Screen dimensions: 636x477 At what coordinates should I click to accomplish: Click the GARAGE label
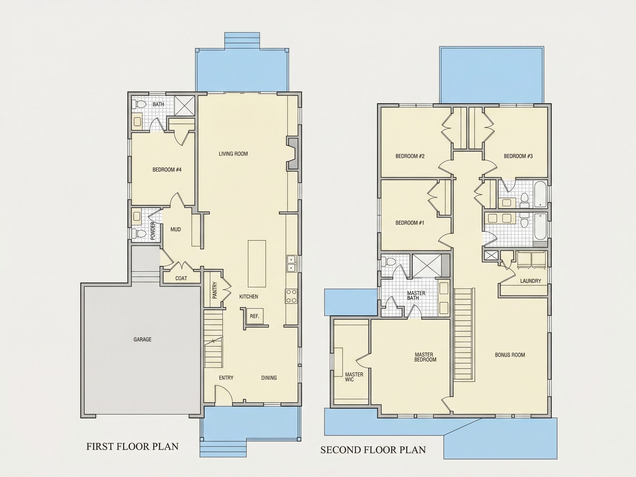pyautogui.click(x=142, y=340)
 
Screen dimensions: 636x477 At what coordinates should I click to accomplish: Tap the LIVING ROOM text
pyautogui.click(x=233, y=154)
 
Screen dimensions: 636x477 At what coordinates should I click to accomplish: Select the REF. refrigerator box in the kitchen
pyautogui.click(x=255, y=316)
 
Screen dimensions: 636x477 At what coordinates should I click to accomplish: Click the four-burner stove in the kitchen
pyautogui.click(x=291, y=296)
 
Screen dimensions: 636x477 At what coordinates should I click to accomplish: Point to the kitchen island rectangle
pyautogui.click(x=257, y=264)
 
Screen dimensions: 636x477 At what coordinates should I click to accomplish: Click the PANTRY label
pyautogui.click(x=214, y=290)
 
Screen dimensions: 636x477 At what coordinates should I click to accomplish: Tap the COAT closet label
pyautogui.click(x=181, y=278)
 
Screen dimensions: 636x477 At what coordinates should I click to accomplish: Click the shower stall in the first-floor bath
pyautogui.click(x=184, y=105)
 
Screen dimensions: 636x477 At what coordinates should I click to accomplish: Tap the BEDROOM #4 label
pyautogui.click(x=167, y=170)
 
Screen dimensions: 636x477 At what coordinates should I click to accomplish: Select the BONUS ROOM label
pyautogui.click(x=510, y=355)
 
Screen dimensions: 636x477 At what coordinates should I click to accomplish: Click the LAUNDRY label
pyautogui.click(x=531, y=281)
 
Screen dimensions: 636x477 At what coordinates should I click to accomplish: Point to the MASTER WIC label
pyautogui.click(x=354, y=377)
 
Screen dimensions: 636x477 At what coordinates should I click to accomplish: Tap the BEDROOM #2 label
pyautogui.click(x=410, y=156)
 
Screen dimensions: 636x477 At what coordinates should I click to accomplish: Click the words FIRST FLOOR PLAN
pyautogui.click(x=132, y=447)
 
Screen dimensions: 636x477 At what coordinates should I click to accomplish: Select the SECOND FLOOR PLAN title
pyautogui.click(x=373, y=450)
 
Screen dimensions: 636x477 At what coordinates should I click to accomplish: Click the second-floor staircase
pyautogui.click(x=464, y=335)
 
